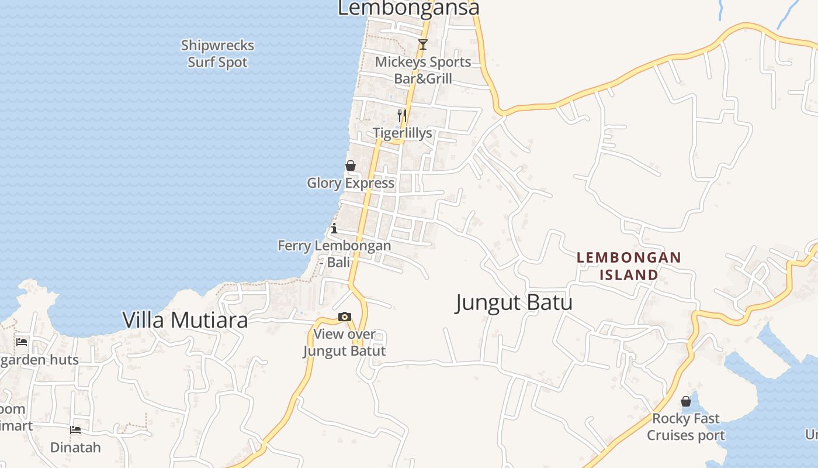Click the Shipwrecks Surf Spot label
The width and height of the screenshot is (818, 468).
point(217,54)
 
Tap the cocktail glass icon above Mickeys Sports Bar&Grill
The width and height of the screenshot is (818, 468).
point(423,44)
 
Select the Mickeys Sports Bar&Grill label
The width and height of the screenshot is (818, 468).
point(423,70)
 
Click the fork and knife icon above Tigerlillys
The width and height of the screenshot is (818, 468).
point(402,115)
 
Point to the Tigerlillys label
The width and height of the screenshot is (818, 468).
point(403,133)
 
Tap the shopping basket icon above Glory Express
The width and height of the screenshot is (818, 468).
point(351,166)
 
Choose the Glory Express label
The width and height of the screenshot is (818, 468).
point(351,184)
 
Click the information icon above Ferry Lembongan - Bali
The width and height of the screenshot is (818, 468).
point(334,228)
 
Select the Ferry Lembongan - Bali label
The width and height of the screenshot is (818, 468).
point(334,254)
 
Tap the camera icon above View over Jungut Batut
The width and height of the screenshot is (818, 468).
point(345,317)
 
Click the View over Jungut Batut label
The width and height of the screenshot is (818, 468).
point(345,343)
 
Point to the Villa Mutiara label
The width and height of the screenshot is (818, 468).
point(185,320)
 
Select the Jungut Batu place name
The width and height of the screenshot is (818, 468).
point(514,303)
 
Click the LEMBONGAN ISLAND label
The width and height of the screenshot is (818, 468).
point(629,266)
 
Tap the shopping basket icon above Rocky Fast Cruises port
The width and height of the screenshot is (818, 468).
point(686,401)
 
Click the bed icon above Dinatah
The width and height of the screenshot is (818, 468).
point(75,430)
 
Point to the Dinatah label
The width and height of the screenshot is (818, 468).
point(75,448)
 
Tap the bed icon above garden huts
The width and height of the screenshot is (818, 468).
point(22,342)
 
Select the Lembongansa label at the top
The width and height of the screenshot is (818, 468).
point(408,8)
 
